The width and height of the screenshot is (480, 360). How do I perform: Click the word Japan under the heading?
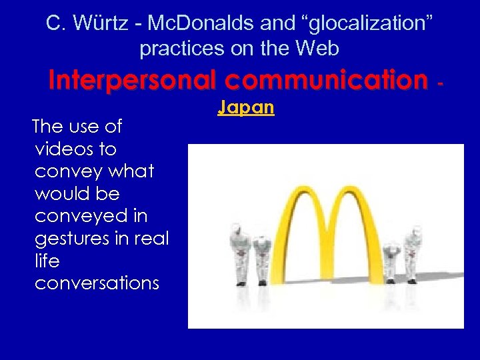click(246, 107)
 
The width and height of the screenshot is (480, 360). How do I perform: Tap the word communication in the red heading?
click(325, 81)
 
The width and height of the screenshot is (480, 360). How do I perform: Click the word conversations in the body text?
click(97, 283)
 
